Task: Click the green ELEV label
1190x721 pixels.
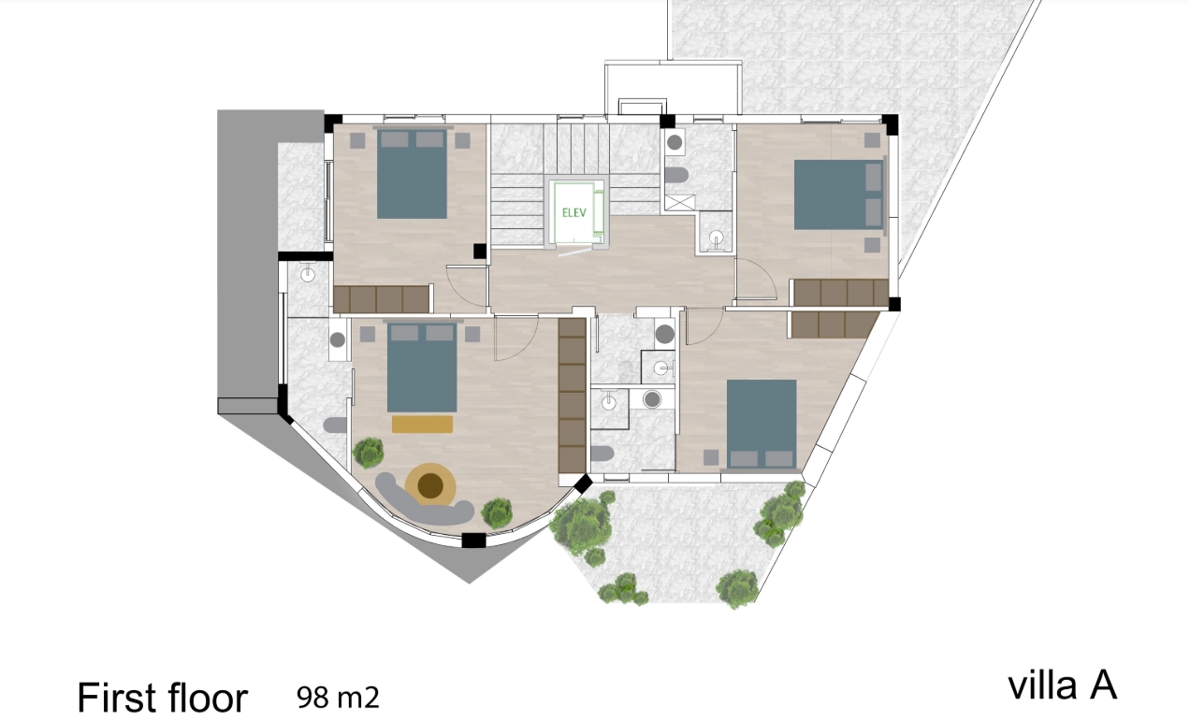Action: (x=573, y=213)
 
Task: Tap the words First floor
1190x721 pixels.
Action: (x=163, y=697)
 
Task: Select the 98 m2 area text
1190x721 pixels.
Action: (x=338, y=697)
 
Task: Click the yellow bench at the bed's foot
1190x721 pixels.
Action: (x=422, y=425)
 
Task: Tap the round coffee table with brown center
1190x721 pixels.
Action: (x=430, y=484)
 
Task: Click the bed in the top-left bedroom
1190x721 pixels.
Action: (x=412, y=174)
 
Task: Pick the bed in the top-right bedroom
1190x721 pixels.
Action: (x=838, y=195)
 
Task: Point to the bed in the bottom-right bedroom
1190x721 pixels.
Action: (x=762, y=424)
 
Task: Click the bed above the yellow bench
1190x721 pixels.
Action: (x=422, y=368)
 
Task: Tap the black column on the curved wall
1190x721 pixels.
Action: (x=473, y=540)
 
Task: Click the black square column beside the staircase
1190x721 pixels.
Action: (x=480, y=252)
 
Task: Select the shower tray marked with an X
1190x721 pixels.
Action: (x=680, y=202)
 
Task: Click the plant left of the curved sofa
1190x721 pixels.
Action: (x=368, y=453)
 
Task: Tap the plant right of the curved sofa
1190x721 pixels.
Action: (x=498, y=512)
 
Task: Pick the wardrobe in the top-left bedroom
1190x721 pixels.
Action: (x=382, y=299)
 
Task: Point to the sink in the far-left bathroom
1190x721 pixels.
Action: (x=308, y=274)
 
